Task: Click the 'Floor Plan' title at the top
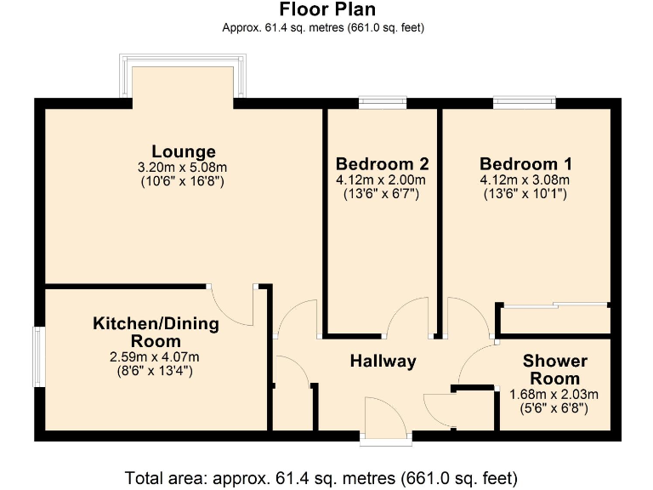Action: [327, 9]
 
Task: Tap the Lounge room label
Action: [184, 152]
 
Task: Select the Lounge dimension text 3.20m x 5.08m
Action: [183, 167]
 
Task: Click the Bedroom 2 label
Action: [382, 163]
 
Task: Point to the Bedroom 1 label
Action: [525, 163]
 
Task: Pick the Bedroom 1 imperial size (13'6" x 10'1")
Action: [525, 194]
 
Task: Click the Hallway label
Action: [383, 361]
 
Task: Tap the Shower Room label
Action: [554, 369]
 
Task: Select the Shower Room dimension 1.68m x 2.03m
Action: [554, 394]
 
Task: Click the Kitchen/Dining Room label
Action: [156, 333]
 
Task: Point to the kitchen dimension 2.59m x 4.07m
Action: [156, 356]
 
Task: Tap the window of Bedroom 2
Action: [382, 103]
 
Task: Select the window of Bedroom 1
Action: [525, 103]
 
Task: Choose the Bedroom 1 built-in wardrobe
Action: [554, 319]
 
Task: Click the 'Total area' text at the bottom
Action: [321, 476]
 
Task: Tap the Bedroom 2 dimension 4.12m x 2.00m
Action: [382, 180]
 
